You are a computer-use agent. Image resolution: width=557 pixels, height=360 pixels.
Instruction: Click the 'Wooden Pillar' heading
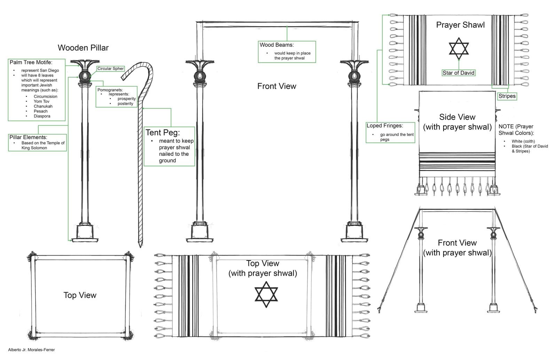(83, 48)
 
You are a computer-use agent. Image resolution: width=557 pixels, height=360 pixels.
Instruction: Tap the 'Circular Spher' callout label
(110, 69)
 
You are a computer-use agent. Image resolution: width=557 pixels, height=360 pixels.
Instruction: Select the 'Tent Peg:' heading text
(163, 133)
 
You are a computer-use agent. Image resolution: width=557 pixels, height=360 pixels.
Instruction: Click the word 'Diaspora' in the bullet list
(42, 116)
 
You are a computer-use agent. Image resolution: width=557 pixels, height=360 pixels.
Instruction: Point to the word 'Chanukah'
(43, 106)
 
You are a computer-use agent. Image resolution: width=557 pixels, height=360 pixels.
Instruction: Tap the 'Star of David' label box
(458, 73)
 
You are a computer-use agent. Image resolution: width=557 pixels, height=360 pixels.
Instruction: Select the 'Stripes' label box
(507, 96)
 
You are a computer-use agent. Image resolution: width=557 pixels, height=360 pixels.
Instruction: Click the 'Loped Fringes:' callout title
(384, 126)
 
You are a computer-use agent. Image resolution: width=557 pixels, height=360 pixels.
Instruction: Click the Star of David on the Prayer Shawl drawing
(458, 48)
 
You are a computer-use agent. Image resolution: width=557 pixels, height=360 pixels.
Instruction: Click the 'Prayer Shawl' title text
(460, 25)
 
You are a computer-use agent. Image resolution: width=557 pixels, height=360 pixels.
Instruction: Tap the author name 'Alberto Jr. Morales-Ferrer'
(31, 350)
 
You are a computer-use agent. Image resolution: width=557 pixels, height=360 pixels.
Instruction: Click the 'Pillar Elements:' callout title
(28, 137)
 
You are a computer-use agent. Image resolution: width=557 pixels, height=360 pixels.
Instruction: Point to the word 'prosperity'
(126, 99)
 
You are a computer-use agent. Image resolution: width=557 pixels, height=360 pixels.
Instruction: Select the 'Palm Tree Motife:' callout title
(31, 62)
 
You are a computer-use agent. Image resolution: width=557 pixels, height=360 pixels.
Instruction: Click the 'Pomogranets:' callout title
(110, 90)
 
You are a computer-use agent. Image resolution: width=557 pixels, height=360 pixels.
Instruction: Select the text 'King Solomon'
(34, 148)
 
